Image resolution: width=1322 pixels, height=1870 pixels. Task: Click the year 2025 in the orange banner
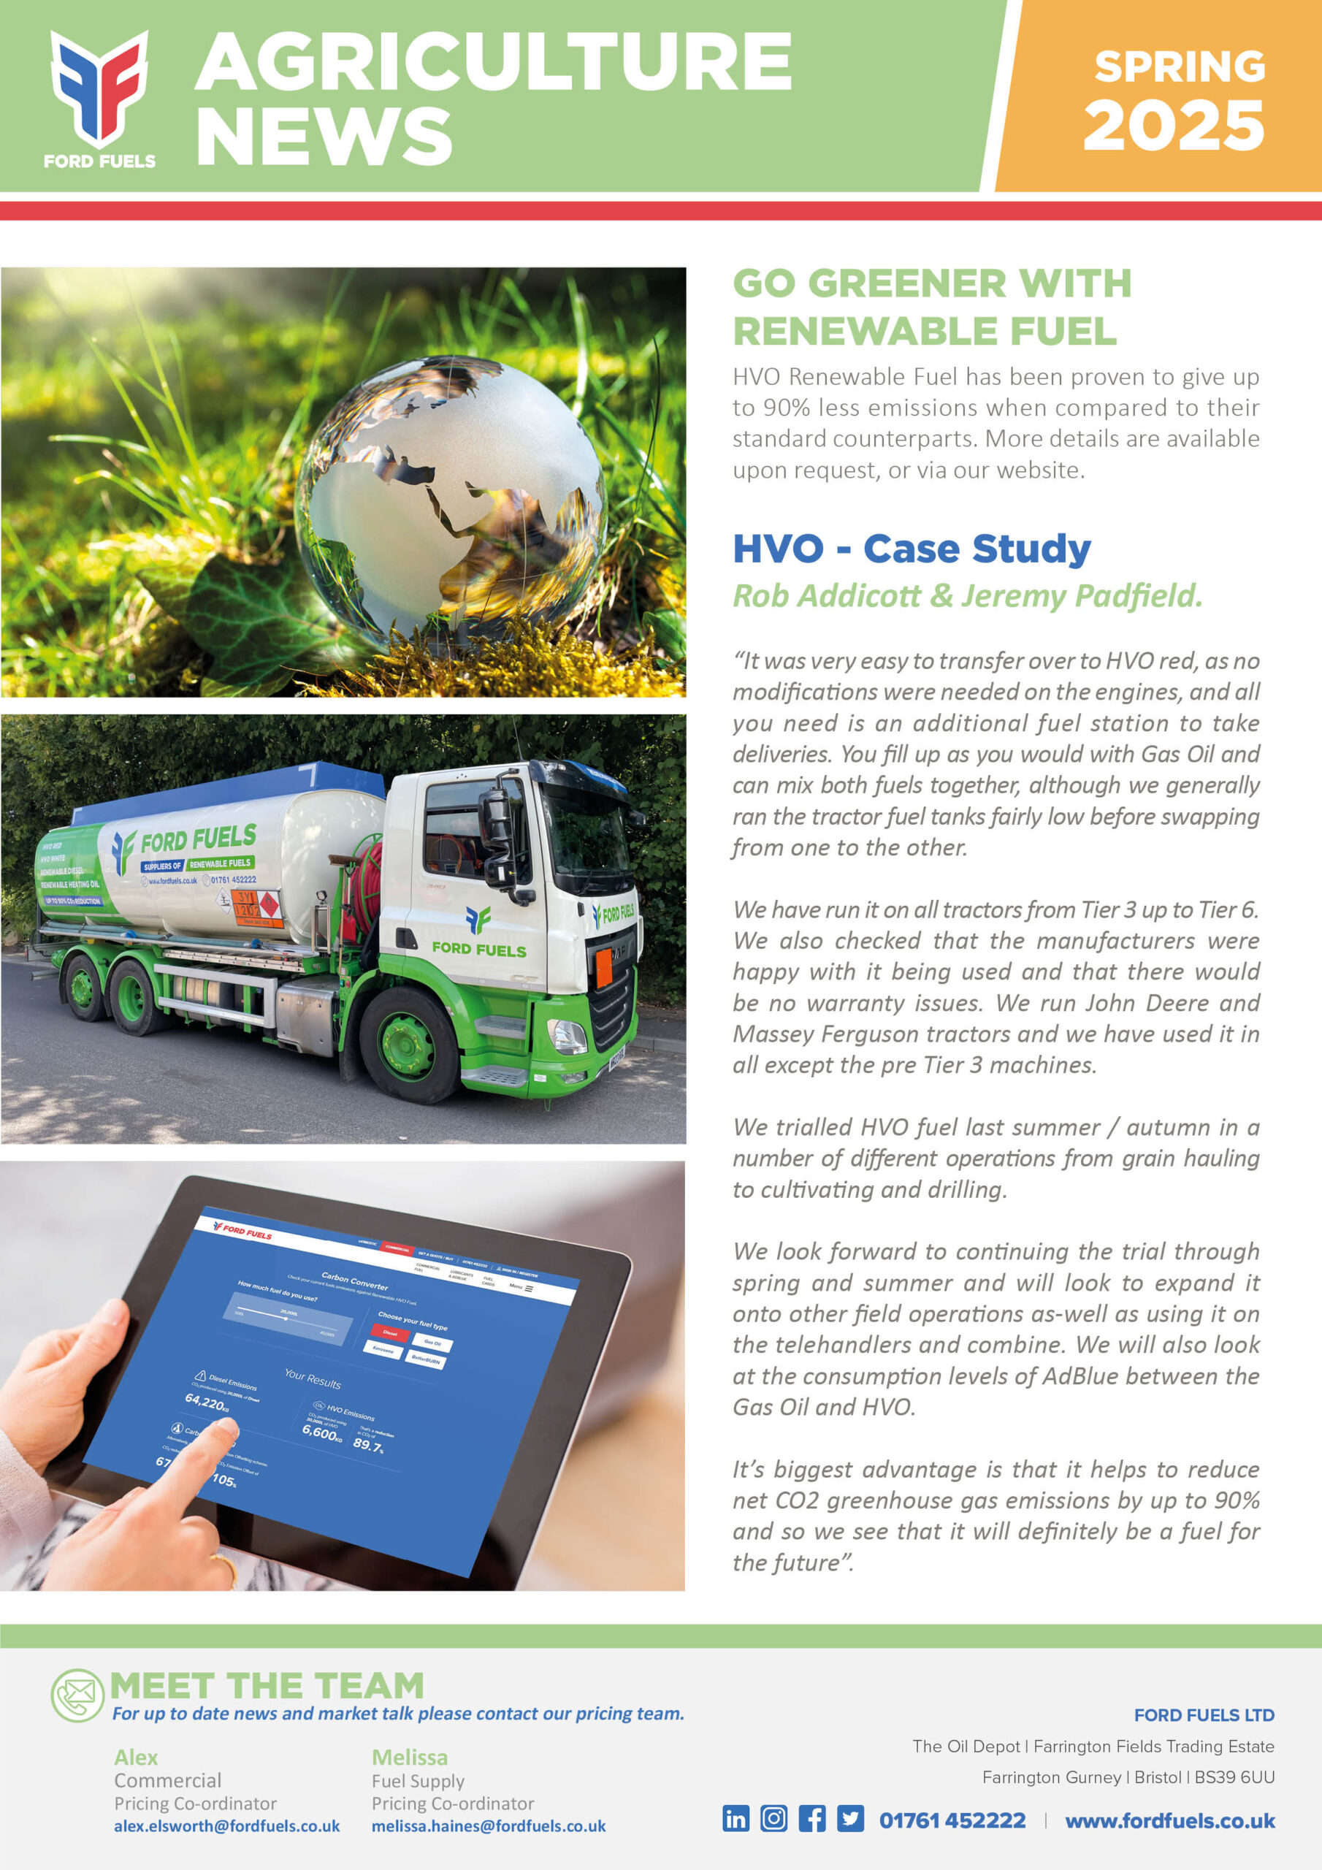click(x=1173, y=126)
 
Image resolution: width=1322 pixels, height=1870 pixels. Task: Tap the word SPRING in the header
click(x=1179, y=66)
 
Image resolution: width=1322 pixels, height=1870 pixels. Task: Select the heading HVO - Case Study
click(x=912, y=549)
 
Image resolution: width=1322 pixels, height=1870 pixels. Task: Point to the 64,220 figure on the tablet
click(x=205, y=1402)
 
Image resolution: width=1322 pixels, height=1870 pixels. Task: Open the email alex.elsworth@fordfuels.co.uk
click(x=226, y=1826)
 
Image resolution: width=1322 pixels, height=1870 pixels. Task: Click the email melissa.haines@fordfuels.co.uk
click(x=489, y=1826)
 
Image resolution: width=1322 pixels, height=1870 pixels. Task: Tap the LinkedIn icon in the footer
click(x=735, y=1819)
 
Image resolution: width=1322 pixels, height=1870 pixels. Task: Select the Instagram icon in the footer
click(x=773, y=1819)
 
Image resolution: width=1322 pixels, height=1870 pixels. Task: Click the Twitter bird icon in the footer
click(x=850, y=1819)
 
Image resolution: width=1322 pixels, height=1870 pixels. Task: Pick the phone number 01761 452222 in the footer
click(x=952, y=1820)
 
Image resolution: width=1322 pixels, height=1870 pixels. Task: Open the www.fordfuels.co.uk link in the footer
click(x=1169, y=1820)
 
